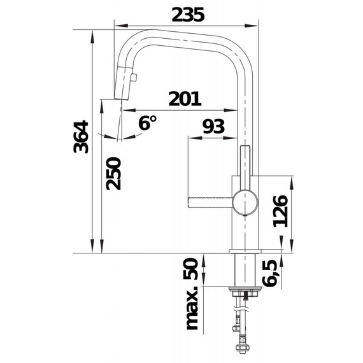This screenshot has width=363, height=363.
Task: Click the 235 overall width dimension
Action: [x=188, y=15]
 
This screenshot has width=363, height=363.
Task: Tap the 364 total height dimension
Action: [x=81, y=137]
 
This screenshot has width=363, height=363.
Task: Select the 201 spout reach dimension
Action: [x=185, y=99]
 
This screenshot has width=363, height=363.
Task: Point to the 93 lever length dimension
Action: [x=213, y=126]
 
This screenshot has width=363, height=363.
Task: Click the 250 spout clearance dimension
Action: [x=113, y=174]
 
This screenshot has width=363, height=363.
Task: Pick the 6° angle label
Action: [x=147, y=122]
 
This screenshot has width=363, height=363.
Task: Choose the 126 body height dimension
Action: [x=281, y=211]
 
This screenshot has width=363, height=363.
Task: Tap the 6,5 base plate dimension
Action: [x=270, y=273]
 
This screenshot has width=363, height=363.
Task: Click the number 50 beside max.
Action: [x=191, y=269]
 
